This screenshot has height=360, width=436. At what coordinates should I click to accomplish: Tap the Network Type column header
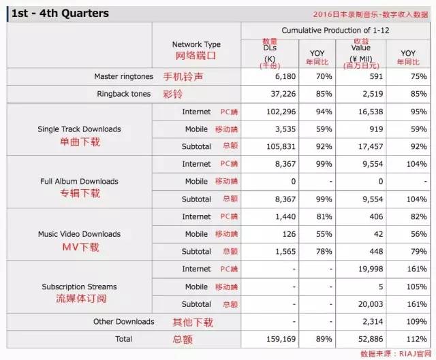[196, 44]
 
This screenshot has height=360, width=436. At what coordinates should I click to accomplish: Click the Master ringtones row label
[123, 76]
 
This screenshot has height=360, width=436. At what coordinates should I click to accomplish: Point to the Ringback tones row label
[123, 94]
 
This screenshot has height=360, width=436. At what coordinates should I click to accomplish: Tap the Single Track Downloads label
[80, 129]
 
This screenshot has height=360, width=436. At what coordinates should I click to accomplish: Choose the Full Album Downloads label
[80, 182]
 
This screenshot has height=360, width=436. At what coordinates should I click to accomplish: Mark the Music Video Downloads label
[80, 234]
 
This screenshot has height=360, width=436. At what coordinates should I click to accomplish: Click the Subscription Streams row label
[80, 287]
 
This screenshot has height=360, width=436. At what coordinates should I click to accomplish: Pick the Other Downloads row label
[123, 321]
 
